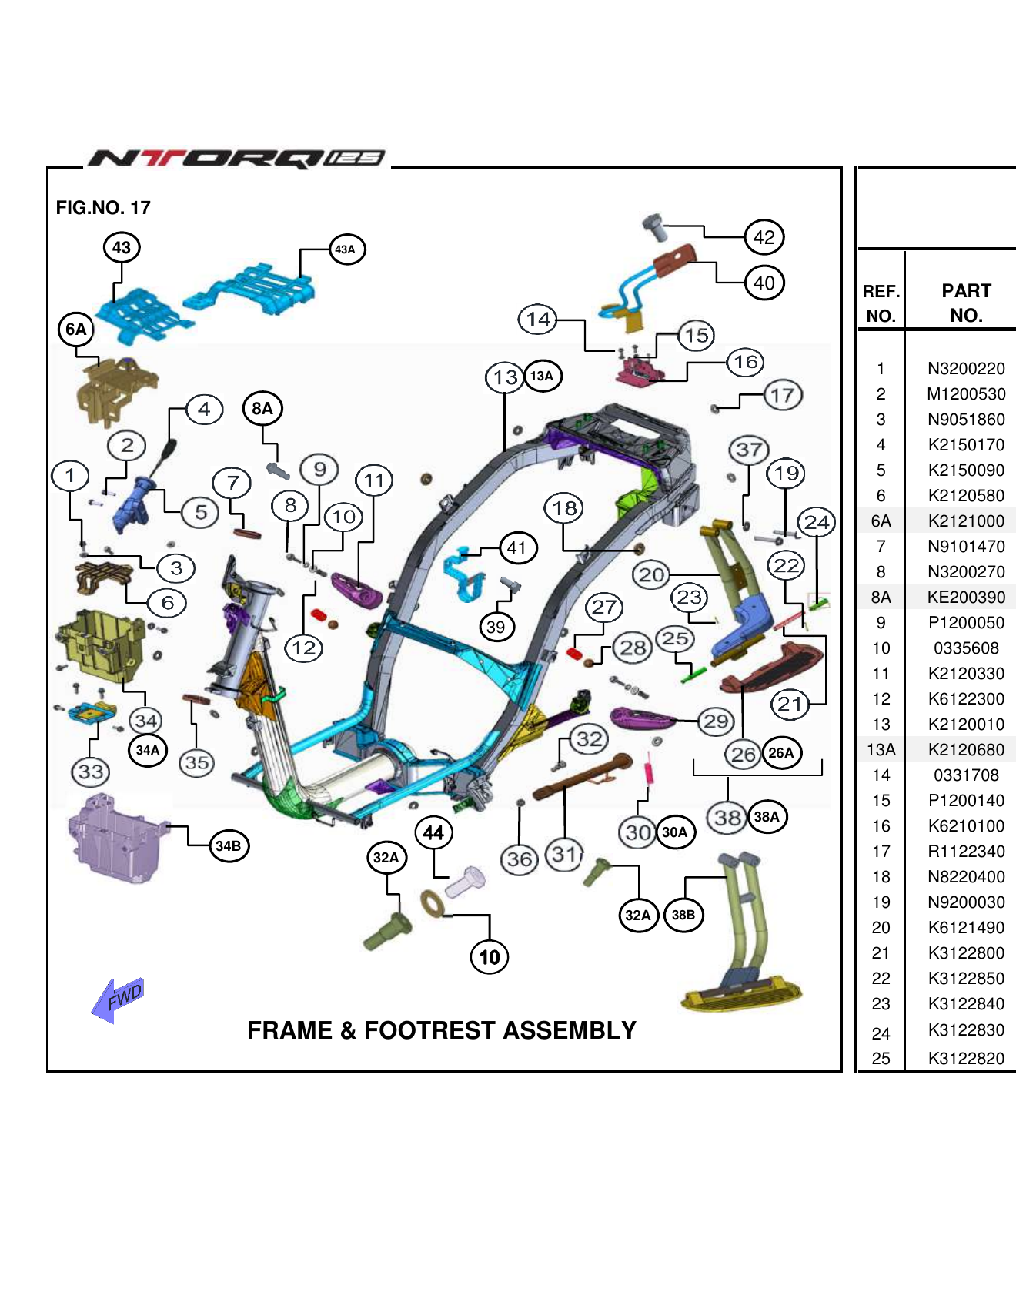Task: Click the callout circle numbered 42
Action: click(x=764, y=237)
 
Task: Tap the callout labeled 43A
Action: click(x=346, y=249)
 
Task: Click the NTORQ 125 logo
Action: click(x=236, y=159)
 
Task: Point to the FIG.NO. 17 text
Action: click(x=103, y=208)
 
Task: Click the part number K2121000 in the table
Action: click(x=965, y=521)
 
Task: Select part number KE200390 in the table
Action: click(x=965, y=598)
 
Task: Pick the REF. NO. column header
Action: click(x=881, y=303)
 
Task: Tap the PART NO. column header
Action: click(x=965, y=303)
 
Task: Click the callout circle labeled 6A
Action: click(x=75, y=330)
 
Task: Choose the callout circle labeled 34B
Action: click(x=228, y=846)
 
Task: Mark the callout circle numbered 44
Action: click(x=433, y=833)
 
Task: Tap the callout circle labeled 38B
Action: click(x=683, y=915)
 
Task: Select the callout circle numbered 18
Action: click(x=564, y=508)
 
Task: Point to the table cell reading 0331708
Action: click(x=965, y=775)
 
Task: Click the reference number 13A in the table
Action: click(x=881, y=750)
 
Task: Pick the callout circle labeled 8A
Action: click(x=262, y=408)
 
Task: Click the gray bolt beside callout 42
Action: click(x=653, y=226)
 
